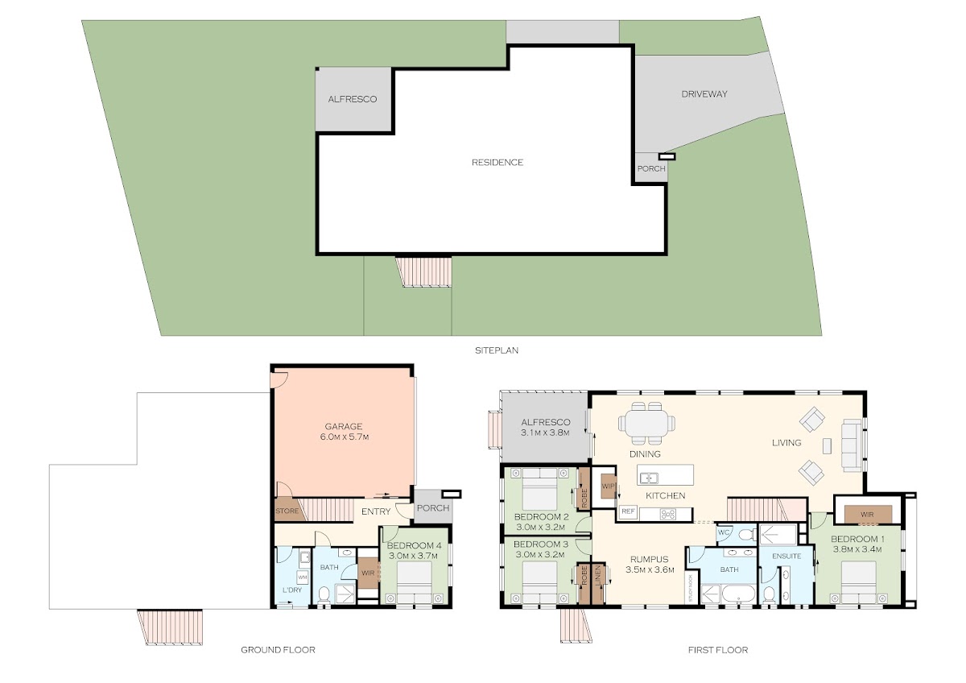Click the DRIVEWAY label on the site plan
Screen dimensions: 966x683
[704, 94]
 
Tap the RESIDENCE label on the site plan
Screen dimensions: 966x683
[497, 162]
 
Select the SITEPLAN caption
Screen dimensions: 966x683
[497, 350]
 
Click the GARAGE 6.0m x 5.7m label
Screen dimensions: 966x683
[344, 432]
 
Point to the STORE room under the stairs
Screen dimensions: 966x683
[287, 511]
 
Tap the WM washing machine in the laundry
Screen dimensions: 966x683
[303, 577]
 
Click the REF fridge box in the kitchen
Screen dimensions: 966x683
[628, 511]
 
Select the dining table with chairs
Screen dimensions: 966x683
[646, 424]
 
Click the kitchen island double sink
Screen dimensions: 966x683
[649, 478]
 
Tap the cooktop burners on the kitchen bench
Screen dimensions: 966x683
[668, 514]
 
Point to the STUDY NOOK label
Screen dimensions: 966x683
[690, 588]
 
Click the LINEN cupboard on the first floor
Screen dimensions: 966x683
[598, 583]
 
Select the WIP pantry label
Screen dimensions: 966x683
[608, 486]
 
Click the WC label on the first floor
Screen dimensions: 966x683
[723, 532]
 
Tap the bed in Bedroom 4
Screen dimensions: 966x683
[414, 582]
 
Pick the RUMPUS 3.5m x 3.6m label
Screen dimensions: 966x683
[650, 565]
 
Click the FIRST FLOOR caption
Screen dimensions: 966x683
[718, 650]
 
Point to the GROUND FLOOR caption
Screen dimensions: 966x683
[279, 650]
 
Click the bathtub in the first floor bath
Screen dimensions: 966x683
[739, 594]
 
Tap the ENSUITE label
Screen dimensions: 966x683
[786, 557]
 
